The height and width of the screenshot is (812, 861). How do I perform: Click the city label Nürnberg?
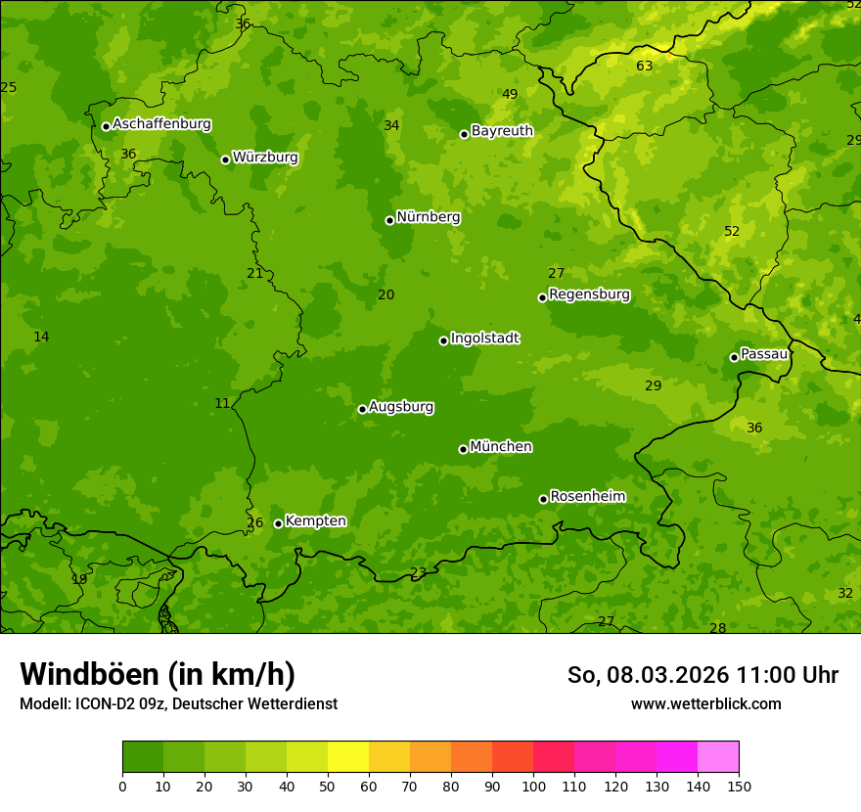pyautogui.click(x=428, y=217)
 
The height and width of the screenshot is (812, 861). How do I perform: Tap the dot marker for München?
pyautogui.click(x=464, y=449)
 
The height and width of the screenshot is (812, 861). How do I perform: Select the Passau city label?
pyautogui.click(x=764, y=354)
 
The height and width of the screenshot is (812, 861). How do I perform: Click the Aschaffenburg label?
pyautogui.click(x=161, y=124)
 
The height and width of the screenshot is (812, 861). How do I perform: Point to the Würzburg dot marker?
pyautogui.click(x=225, y=159)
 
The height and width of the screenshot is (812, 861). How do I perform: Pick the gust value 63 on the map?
pyautogui.click(x=644, y=67)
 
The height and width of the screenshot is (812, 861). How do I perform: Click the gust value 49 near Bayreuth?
pyautogui.click(x=510, y=94)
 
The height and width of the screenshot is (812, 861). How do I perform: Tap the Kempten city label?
pyautogui.click(x=315, y=521)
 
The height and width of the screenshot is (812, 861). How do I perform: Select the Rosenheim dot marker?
pyautogui.click(x=543, y=499)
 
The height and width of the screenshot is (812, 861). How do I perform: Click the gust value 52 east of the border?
pyautogui.click(x=732, y=232)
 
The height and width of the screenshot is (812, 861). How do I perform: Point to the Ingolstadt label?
pyautogui.click(x=484, y=338)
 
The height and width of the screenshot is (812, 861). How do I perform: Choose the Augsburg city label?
pyautogui.click(x=401, y=407)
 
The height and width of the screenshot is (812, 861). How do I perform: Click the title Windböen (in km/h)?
pyautogui.click(x=158, y=674)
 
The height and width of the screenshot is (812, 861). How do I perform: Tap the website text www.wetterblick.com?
pyautogui.click(x=705, y=703)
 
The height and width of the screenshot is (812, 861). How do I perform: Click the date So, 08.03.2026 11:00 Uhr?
pyautogui.click(x=702, y=675)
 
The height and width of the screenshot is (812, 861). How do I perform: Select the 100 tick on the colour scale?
pyautogui.click(x=533, y=785)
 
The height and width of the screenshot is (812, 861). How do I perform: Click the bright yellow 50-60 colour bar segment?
pyautogui.click(x=348, y=757)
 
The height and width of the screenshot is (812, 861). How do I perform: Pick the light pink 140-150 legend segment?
pyautogui.click(x=718, y=757)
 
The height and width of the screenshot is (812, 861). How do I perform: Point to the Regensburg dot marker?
pyautogui.click(x=542, y=297)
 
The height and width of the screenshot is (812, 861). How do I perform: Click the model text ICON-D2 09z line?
pyautogui.click(x=178, y=703)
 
